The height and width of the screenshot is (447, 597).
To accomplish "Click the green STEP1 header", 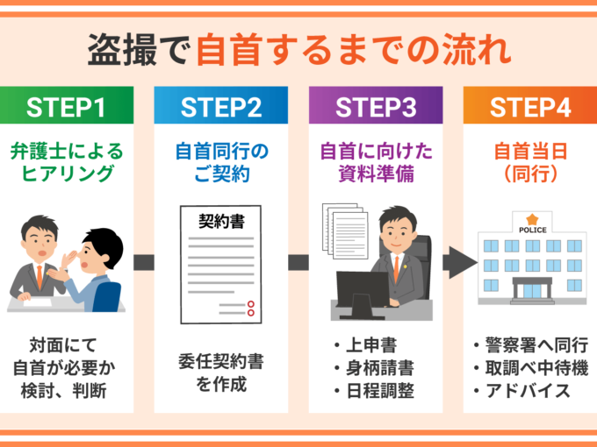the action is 67,105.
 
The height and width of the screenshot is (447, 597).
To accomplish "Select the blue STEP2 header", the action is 221,105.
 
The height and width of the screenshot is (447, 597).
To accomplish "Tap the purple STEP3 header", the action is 376,105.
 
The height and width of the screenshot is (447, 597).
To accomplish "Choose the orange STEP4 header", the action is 530,105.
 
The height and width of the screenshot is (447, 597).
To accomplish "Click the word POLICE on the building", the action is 533,230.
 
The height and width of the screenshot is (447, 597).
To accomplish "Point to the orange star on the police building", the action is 532,219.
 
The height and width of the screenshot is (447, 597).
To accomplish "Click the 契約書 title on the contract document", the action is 221,221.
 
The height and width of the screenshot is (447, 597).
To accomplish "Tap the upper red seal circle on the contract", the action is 250,304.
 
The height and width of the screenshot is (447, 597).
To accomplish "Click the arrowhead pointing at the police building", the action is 464,263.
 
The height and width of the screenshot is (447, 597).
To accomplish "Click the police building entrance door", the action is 532,292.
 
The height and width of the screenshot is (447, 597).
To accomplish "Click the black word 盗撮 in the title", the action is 122,49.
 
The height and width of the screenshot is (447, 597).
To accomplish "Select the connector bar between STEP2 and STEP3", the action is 298,263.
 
